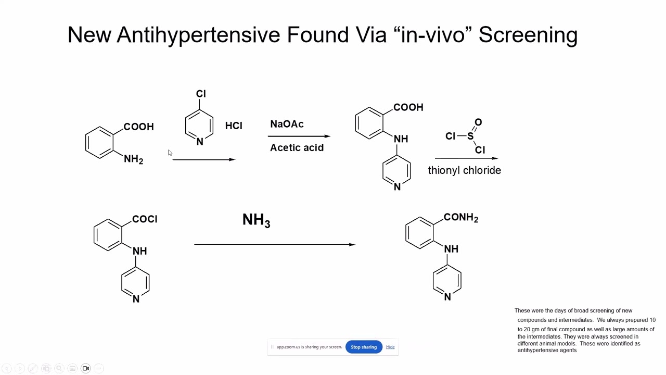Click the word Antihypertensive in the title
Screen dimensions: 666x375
198,35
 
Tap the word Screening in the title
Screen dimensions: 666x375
528,35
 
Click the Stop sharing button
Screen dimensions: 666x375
364,347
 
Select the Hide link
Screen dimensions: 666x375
390,347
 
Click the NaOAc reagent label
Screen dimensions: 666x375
287,124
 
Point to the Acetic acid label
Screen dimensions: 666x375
297,147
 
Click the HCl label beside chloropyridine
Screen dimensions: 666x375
234,126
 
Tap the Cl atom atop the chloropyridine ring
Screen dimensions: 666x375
201,94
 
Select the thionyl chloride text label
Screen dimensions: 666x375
465,170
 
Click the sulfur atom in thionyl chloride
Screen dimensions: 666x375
470,136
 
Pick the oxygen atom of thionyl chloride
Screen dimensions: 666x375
478,122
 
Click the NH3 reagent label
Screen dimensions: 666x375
257,220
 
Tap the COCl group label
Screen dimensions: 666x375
145,219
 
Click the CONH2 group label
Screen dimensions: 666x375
461,218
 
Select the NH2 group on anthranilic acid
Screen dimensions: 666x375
134,159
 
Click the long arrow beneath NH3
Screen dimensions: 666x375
275,245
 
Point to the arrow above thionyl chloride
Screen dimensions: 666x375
467,158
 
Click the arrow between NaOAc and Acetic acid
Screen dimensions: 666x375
299,136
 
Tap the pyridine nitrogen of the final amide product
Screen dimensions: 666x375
447,297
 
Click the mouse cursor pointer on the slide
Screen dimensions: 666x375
170,153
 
